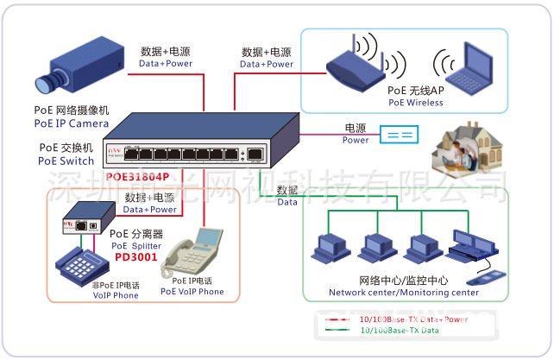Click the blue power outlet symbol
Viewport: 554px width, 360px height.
point(400,135)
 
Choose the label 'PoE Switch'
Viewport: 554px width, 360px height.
point(66,161)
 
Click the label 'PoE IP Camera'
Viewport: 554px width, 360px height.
point(72,124)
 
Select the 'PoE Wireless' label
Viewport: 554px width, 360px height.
point(415,103)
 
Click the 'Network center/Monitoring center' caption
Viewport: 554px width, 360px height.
point(403,293)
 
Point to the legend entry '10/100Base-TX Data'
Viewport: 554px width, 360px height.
point(399,331)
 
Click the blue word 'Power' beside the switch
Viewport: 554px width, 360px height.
point(356,140)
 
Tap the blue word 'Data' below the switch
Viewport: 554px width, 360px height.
point(287,202)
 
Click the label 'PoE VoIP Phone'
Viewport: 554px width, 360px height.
point(192,292)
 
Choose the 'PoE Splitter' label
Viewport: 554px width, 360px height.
point(136,245)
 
